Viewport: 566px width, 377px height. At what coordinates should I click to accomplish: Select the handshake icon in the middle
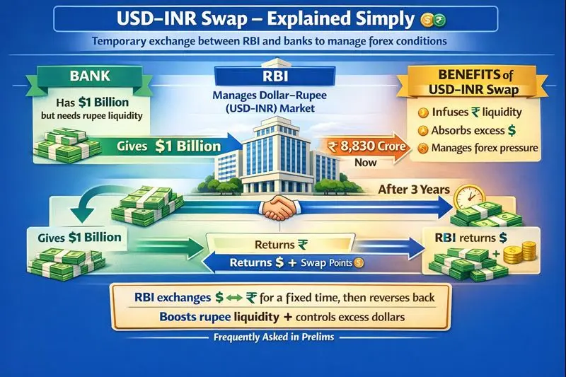282,207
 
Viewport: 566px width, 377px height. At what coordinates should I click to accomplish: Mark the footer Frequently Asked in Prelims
282,337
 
